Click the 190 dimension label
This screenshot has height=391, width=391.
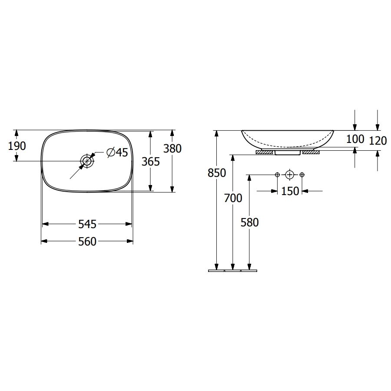(x=17, y=146)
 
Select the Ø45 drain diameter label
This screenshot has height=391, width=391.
(x=117, y=152)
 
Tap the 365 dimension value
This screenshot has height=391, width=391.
(x=151, y=162)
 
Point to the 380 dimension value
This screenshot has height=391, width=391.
(x=172, y=149)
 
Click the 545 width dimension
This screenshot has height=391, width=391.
(x=87, y=224)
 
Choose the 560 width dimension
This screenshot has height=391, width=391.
(x=87, y=242)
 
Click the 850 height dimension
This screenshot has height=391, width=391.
(x=217, y=173)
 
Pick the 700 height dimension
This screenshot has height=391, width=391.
(x=233, y=198)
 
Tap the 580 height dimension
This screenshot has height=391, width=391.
(x=250, y=222)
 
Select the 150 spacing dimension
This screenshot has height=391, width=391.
(x=290, y=191)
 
